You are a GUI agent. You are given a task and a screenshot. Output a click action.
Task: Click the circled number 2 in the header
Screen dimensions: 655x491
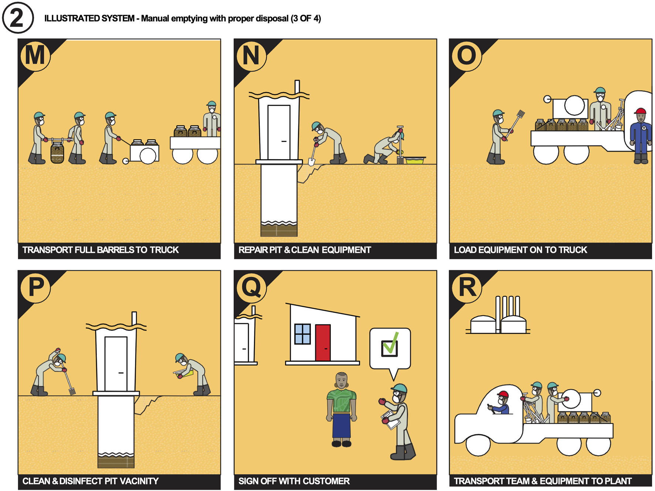pos(17,17)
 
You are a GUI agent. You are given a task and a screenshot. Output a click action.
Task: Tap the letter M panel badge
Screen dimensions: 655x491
pos(35,55)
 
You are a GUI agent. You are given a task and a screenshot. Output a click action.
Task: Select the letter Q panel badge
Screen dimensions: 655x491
pos(251,287)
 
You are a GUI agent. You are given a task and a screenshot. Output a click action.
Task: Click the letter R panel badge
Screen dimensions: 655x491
pos(467,287)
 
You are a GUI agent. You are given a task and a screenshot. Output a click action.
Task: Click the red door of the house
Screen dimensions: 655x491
pos(323,343)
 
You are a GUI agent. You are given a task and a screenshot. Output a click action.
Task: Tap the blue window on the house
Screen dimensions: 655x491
pos(302,334)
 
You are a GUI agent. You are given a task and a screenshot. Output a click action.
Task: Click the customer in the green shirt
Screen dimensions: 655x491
pos(342,410)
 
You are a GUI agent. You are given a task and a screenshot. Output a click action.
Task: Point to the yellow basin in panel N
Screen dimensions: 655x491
pos(415,160)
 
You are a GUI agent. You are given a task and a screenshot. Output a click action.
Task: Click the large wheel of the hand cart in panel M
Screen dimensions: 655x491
pos(148,156)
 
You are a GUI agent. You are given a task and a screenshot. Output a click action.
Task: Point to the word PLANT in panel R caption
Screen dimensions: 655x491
pos(618,481)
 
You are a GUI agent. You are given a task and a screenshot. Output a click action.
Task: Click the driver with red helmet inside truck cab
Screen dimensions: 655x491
pos(500,403)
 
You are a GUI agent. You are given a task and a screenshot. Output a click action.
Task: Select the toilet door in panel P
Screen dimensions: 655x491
pos(116,364)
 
